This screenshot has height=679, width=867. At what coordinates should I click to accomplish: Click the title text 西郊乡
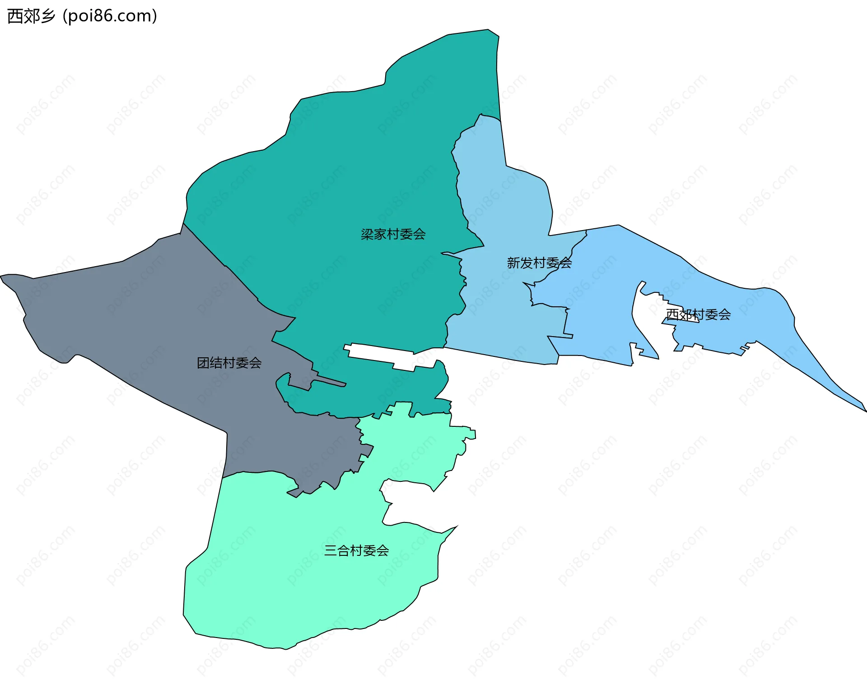tap(31, 16)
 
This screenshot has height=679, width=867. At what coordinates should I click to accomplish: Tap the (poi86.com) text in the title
tap(110, 16)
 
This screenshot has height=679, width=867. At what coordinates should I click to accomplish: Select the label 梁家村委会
tap(393, 234)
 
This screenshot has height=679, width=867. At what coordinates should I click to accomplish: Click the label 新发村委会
tap(539, 263)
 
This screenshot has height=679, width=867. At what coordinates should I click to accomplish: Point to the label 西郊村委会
tap(698, 314)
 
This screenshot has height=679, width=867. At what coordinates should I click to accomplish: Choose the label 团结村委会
tap(229, 363)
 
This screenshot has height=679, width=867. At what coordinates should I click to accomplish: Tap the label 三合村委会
tap(356, 550)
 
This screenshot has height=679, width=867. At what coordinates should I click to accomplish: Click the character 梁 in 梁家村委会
tap(367, 234)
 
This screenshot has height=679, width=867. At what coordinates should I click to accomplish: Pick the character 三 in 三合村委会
tap(331, 550)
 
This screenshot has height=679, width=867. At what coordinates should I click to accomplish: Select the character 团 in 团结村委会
tap(203, 363)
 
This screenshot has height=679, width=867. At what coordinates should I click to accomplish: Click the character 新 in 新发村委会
tap(513, 263)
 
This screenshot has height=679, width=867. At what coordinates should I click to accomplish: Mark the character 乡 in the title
tap(47, 16)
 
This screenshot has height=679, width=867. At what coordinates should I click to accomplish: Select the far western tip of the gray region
tap(5, 277)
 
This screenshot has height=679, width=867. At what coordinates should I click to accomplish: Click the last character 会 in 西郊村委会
tap(724, 314)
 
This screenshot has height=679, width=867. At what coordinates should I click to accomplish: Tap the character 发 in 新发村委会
tap(527, 263)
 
